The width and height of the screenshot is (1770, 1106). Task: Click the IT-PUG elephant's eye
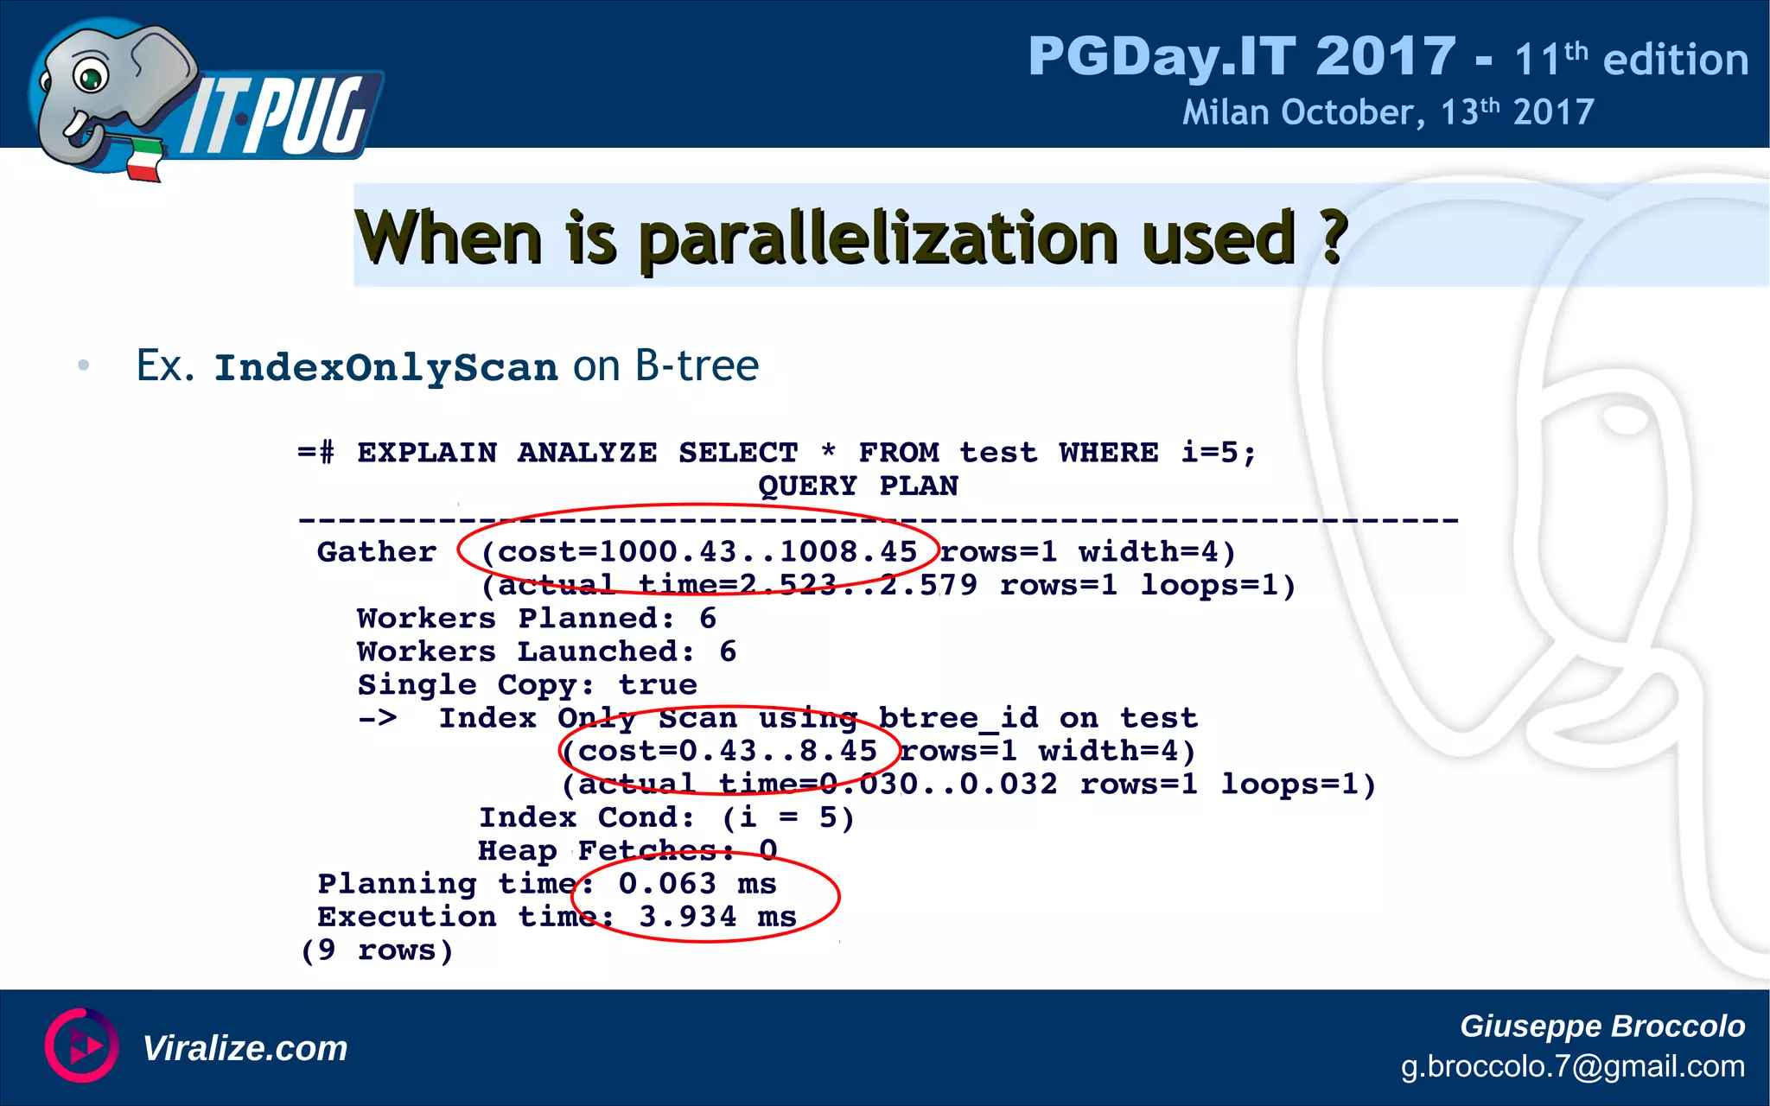point(90,76)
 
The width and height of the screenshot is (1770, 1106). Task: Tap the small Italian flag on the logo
point(145,160)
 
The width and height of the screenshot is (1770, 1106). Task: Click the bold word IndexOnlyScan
point(386,368)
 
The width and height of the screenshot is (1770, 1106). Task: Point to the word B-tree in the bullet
point(697,365)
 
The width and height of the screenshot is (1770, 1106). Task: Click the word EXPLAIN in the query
point(427,453)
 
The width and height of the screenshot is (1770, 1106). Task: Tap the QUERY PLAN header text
point(857,486)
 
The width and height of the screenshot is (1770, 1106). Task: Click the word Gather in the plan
point(377,552)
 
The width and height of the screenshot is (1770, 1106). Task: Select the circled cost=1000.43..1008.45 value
point(698,552)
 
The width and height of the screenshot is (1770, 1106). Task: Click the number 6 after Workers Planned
point(708,619)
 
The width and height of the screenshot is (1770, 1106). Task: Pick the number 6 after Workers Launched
point(728,652)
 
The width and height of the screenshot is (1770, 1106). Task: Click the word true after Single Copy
point(658,685)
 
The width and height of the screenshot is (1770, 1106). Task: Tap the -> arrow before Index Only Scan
point(378,718)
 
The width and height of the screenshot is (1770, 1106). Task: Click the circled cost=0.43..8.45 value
point(728,751)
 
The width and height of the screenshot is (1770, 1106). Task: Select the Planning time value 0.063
point(667,884)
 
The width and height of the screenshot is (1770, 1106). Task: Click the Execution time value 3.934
point(688,917)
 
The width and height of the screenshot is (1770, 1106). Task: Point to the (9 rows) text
point(377,950)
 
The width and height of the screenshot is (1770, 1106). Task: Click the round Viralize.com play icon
point(81,1046)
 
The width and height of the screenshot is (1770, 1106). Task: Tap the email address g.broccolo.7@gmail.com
point(1572,1067)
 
